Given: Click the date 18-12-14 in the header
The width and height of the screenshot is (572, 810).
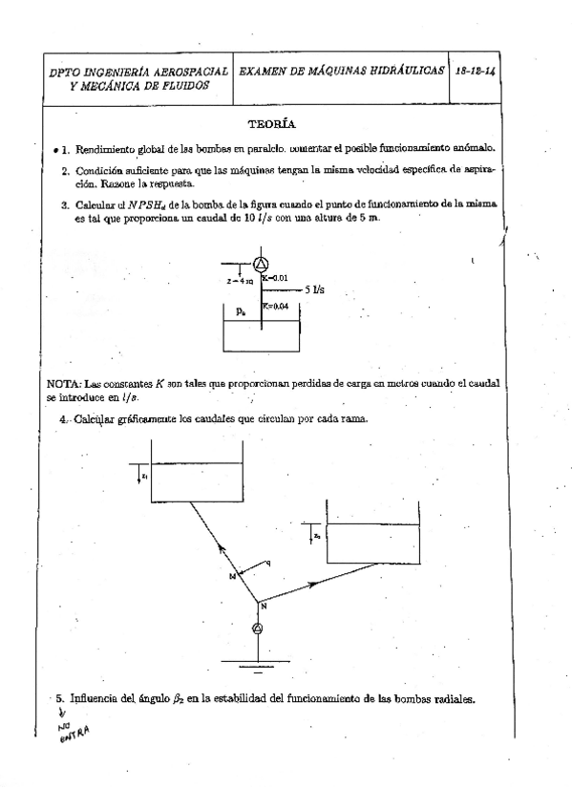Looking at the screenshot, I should [x=475, y=72].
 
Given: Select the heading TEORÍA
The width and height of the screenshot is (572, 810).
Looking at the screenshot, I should [x=271, y=124].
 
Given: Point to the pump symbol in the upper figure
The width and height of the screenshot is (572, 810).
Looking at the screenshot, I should [x=263, y=265].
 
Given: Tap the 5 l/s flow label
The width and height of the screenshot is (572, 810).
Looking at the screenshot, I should [x=316, y=288].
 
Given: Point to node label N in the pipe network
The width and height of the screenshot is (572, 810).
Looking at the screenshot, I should [x=264, y=607].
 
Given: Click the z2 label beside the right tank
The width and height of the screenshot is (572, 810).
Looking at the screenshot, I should [x=317, y=537].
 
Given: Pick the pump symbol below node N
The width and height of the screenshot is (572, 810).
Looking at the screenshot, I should [x=255, y=628].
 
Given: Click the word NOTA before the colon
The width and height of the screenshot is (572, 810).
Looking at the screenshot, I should [x=60, y=382].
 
